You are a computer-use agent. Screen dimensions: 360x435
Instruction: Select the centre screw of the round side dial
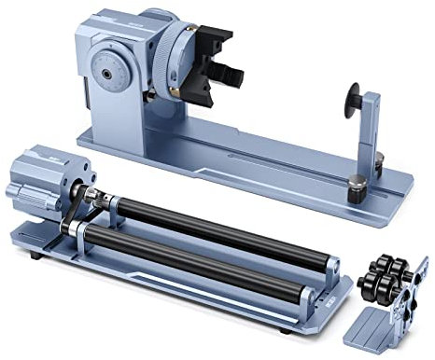[110, 71]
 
